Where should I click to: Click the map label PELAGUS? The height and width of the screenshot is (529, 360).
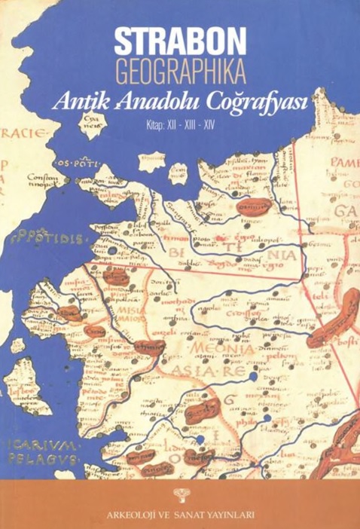pos(50,457)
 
